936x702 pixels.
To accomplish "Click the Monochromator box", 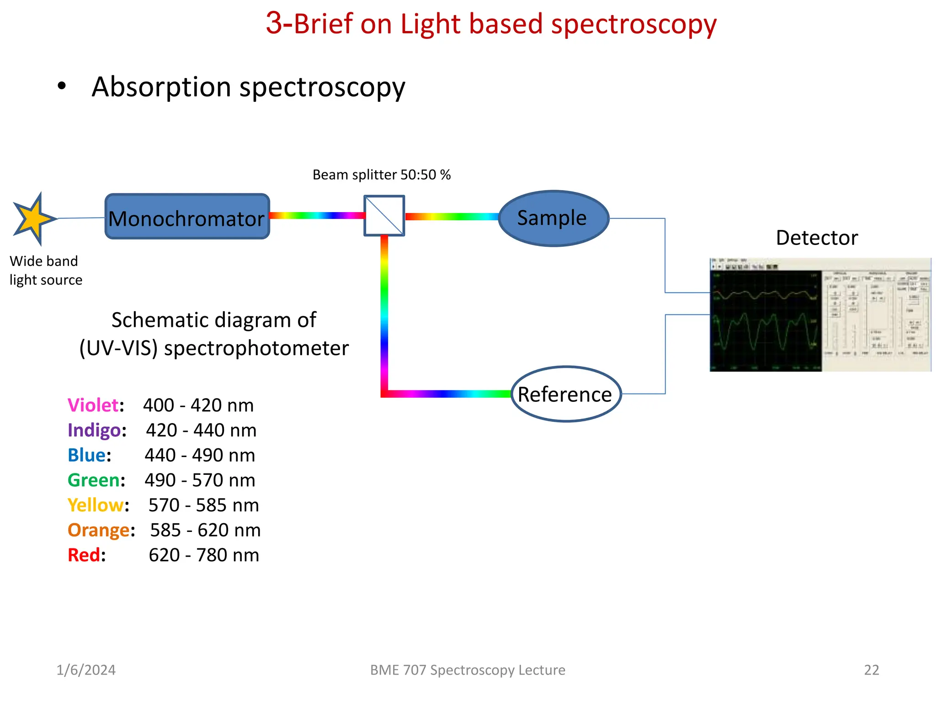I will point(187,217).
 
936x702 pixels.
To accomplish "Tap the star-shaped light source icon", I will point(33,219).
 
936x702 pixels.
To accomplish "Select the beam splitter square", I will point(384,216).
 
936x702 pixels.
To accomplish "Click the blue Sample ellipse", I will point(553,218).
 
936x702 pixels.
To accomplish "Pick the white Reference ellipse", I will point(565,394).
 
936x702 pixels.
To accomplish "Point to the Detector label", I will point(817,238).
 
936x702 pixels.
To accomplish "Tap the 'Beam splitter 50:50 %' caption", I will point(381,175).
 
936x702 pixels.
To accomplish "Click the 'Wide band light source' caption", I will point(46,271).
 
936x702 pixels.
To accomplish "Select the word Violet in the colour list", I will point(93,405).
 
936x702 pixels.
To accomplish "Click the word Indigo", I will point(94,431).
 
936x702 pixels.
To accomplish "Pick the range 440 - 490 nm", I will point(200,455).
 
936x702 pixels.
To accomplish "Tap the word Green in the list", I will point(94,480).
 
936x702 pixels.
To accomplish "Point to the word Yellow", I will point(96,505).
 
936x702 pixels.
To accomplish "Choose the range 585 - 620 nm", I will point(205,530).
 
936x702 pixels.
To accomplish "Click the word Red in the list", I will point(84,555).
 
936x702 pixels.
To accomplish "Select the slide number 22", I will point(871,670).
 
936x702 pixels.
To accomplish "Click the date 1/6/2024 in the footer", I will point(86,670).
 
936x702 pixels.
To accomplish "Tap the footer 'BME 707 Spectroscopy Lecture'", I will point(468,670).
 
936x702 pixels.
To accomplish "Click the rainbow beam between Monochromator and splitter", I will point(316,216).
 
